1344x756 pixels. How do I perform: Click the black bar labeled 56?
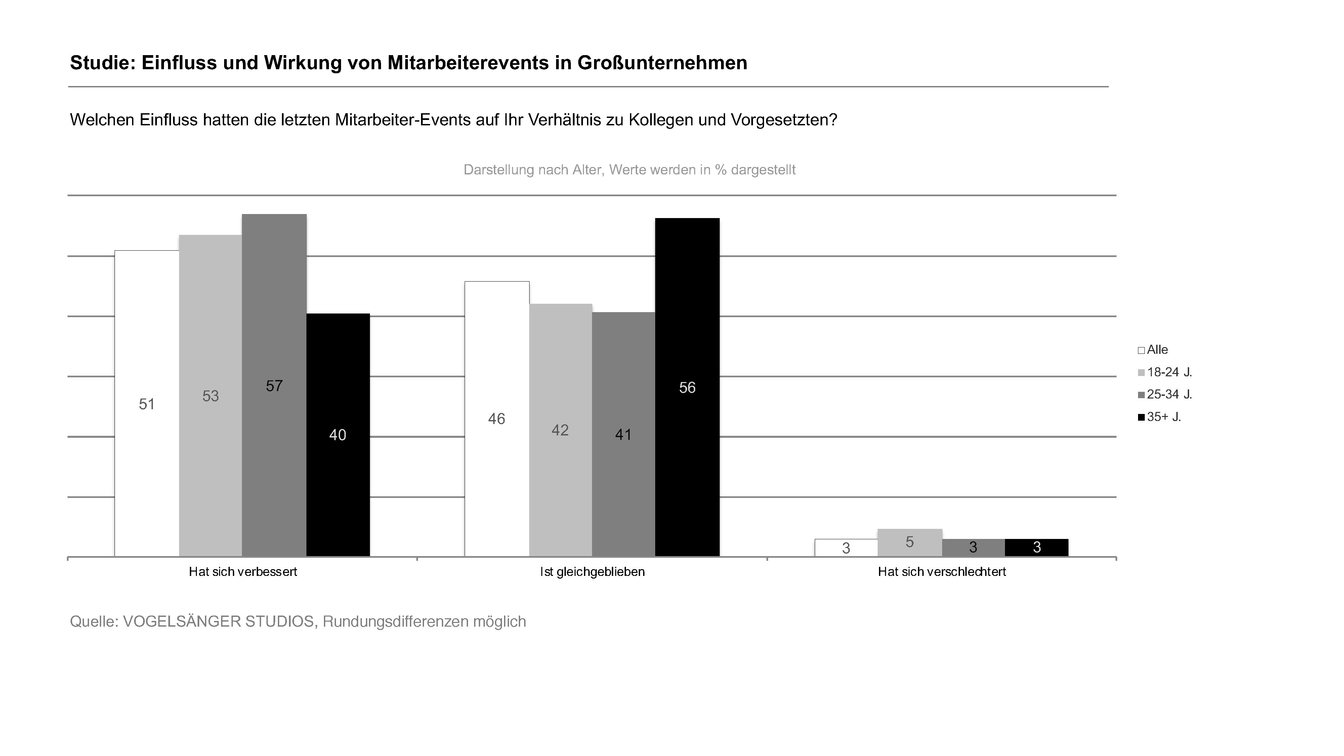[687, 387]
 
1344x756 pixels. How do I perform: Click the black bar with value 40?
[338, 434]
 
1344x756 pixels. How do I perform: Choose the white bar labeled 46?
[497, 418]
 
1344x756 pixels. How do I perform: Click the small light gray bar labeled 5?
[910, 542]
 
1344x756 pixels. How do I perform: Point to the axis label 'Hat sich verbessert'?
[243, 572]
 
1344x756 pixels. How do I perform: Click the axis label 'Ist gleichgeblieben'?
[592, 572]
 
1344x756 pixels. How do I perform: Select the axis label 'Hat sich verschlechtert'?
[942, 572]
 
